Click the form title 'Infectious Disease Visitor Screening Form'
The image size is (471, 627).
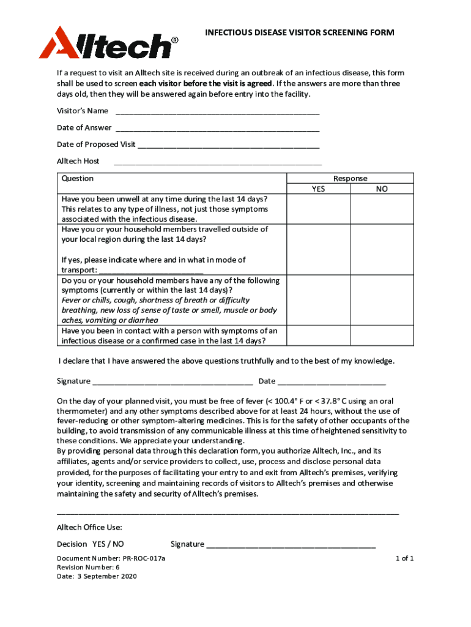pyautogui.click(x=299, y=32)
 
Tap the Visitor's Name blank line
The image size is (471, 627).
pyautogui.click(x=217, y=113)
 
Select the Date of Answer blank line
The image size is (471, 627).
pyautogui.click(x=217, y=129)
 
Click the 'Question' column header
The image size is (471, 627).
pyautogui.click(x=78, y=179)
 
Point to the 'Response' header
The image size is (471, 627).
pyautogui.click(x=350, y=179)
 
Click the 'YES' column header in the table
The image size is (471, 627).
pyautogui.click(x=318, y=189)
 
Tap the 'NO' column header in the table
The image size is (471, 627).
pyautogui.click(x=382, y=189)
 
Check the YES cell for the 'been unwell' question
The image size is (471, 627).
pyautogui.click(x=318, y=209)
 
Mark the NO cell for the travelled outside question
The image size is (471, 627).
pyautogui.click(x=382, y=249)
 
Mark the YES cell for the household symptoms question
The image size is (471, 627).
pyautogui.click(x=318, y=300)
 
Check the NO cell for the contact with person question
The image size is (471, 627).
pyautogui.click(x=382, y=336)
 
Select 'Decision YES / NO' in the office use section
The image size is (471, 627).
pyautogui.click(x=91, y=544)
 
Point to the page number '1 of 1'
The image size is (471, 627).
pyautogui.click(x=404, y=558)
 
